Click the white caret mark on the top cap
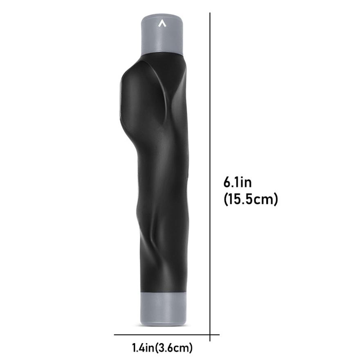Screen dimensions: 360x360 [x=162, y=24]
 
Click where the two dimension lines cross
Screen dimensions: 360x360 [x=210, y=335]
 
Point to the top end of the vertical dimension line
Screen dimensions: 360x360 [x=210, y=13]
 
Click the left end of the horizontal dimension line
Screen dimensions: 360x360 [x=115, y=335]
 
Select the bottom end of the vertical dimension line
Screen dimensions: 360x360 [x=210, y=341]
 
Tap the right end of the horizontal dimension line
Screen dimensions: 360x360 [x=219, y=335]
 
